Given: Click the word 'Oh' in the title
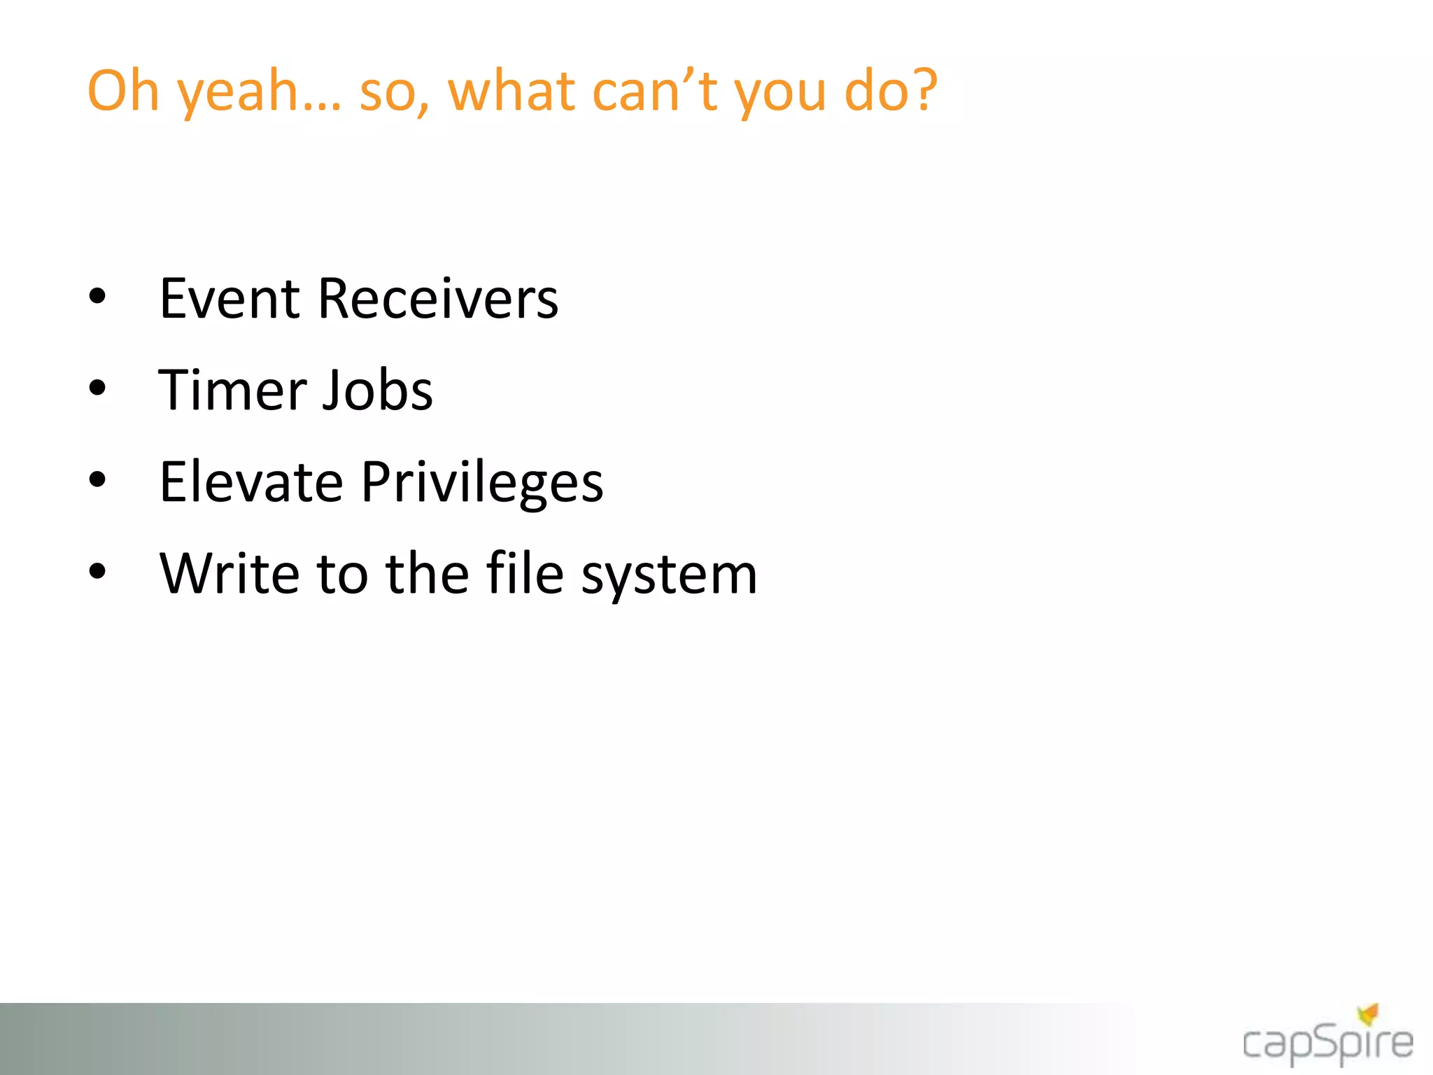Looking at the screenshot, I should coord(123,91).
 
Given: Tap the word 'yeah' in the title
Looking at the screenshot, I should coord(238,94).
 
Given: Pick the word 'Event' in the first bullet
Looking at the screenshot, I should coord(230,299).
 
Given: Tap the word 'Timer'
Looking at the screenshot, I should coord(232,390).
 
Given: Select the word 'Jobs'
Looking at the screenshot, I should coord(377,390).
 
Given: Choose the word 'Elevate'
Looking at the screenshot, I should coord(251,482).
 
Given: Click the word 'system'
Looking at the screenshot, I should coord(670,577).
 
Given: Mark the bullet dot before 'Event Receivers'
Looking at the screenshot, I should coord(97,296).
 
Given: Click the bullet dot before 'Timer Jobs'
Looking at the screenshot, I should coord(97,388).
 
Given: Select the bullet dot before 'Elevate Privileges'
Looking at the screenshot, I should coord(97,479).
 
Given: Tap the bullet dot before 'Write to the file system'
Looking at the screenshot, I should coord(97,571).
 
